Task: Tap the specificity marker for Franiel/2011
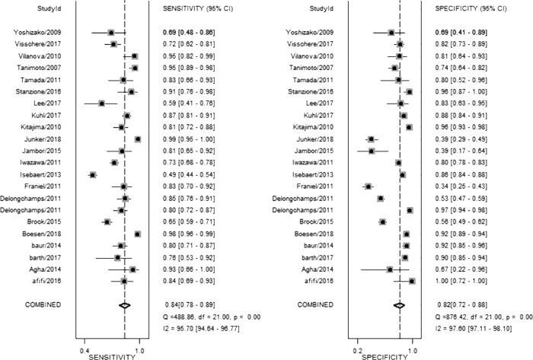369,186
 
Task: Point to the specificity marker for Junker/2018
372,139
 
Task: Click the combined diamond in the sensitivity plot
124,304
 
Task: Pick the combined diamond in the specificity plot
398,304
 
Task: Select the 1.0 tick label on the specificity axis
413,349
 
